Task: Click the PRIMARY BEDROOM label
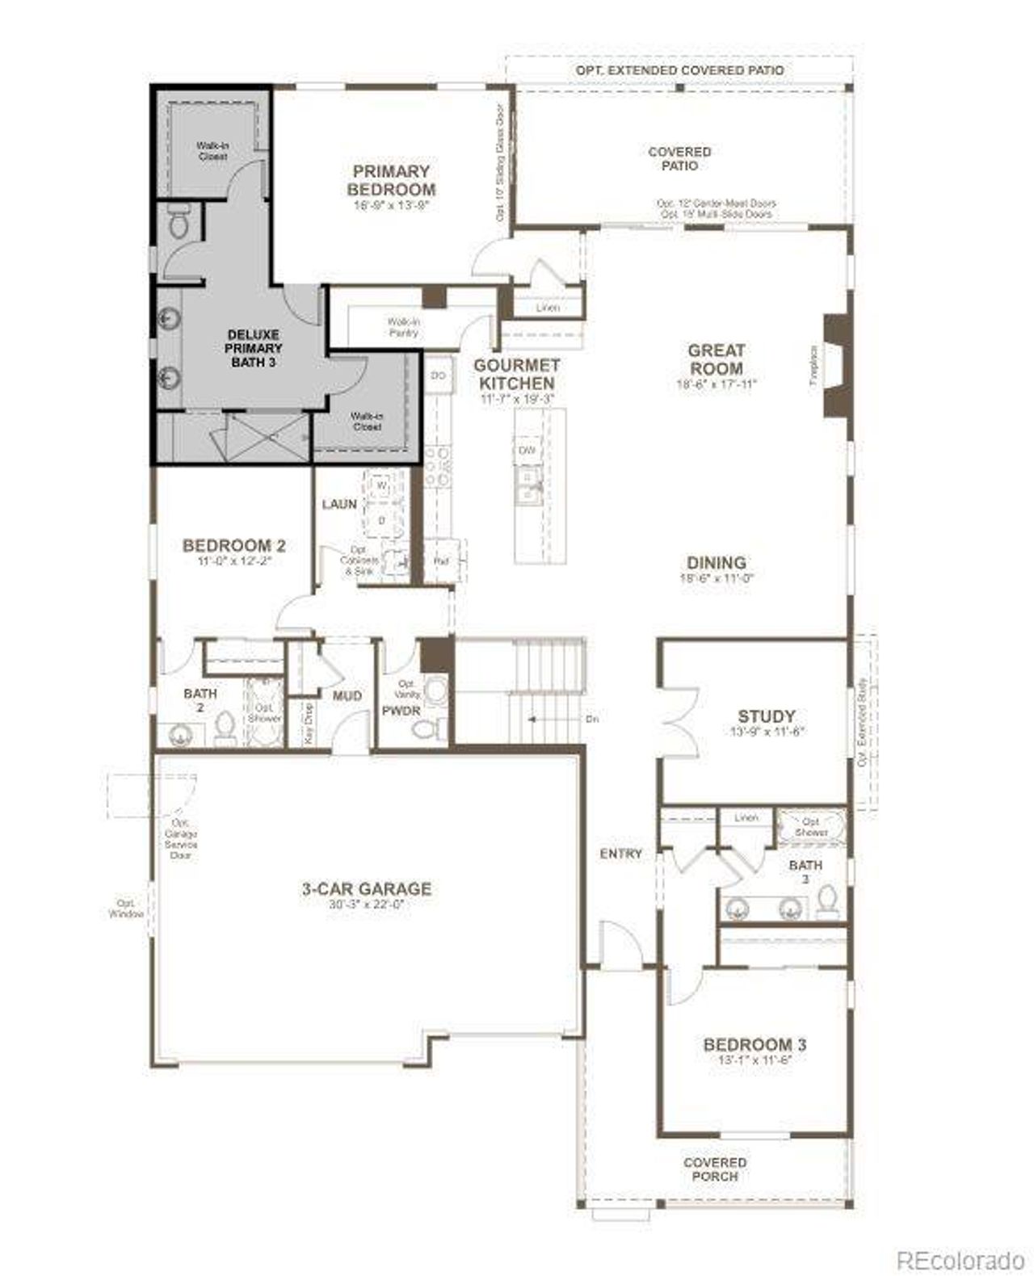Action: click(391, 181)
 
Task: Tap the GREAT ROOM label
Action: click(716, 359)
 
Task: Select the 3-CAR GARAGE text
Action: click(367, 889)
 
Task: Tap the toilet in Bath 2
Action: click(225, 728)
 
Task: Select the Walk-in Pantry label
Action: click(403, 327)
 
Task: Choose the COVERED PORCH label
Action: click(715, 1169)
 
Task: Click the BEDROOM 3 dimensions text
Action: click(754, 1060)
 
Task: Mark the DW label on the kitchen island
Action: click(527, 451)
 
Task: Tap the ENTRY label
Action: click(620, 854)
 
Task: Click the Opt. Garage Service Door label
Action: click(180, 838)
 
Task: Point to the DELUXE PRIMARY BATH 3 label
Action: click(253, 348)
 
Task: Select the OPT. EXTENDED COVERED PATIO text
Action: click(679, 70)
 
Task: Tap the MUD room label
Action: click(347, 695)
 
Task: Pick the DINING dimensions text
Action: click(717, 578)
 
